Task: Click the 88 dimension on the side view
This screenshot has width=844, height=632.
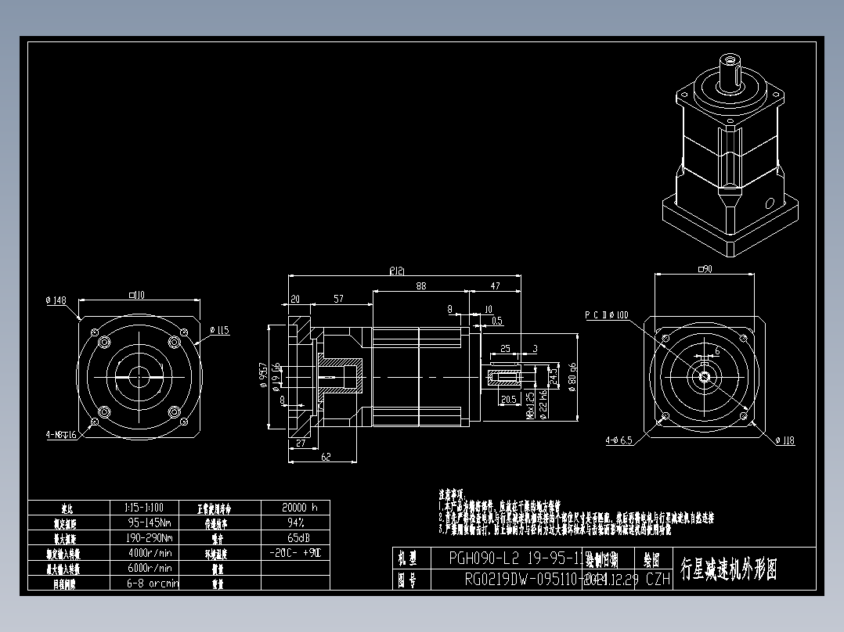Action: [421, 286]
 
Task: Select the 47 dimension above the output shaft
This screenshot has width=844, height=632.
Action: [495, 286]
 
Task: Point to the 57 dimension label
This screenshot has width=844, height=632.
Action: [338, 299]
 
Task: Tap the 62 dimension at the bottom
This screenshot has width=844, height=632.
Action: [326, 457]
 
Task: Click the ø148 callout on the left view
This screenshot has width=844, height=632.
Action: [56, 300]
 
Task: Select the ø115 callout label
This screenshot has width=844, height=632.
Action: [220, 331]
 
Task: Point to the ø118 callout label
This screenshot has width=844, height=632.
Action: [785, 441]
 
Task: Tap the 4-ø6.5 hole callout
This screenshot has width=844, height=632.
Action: [619, 440]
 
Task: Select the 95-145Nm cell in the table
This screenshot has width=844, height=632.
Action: [150, 522]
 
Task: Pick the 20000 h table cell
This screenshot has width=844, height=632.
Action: [294, 507]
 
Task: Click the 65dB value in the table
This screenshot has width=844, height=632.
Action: [294, 538]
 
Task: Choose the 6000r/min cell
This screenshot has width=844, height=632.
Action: [150, 569]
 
